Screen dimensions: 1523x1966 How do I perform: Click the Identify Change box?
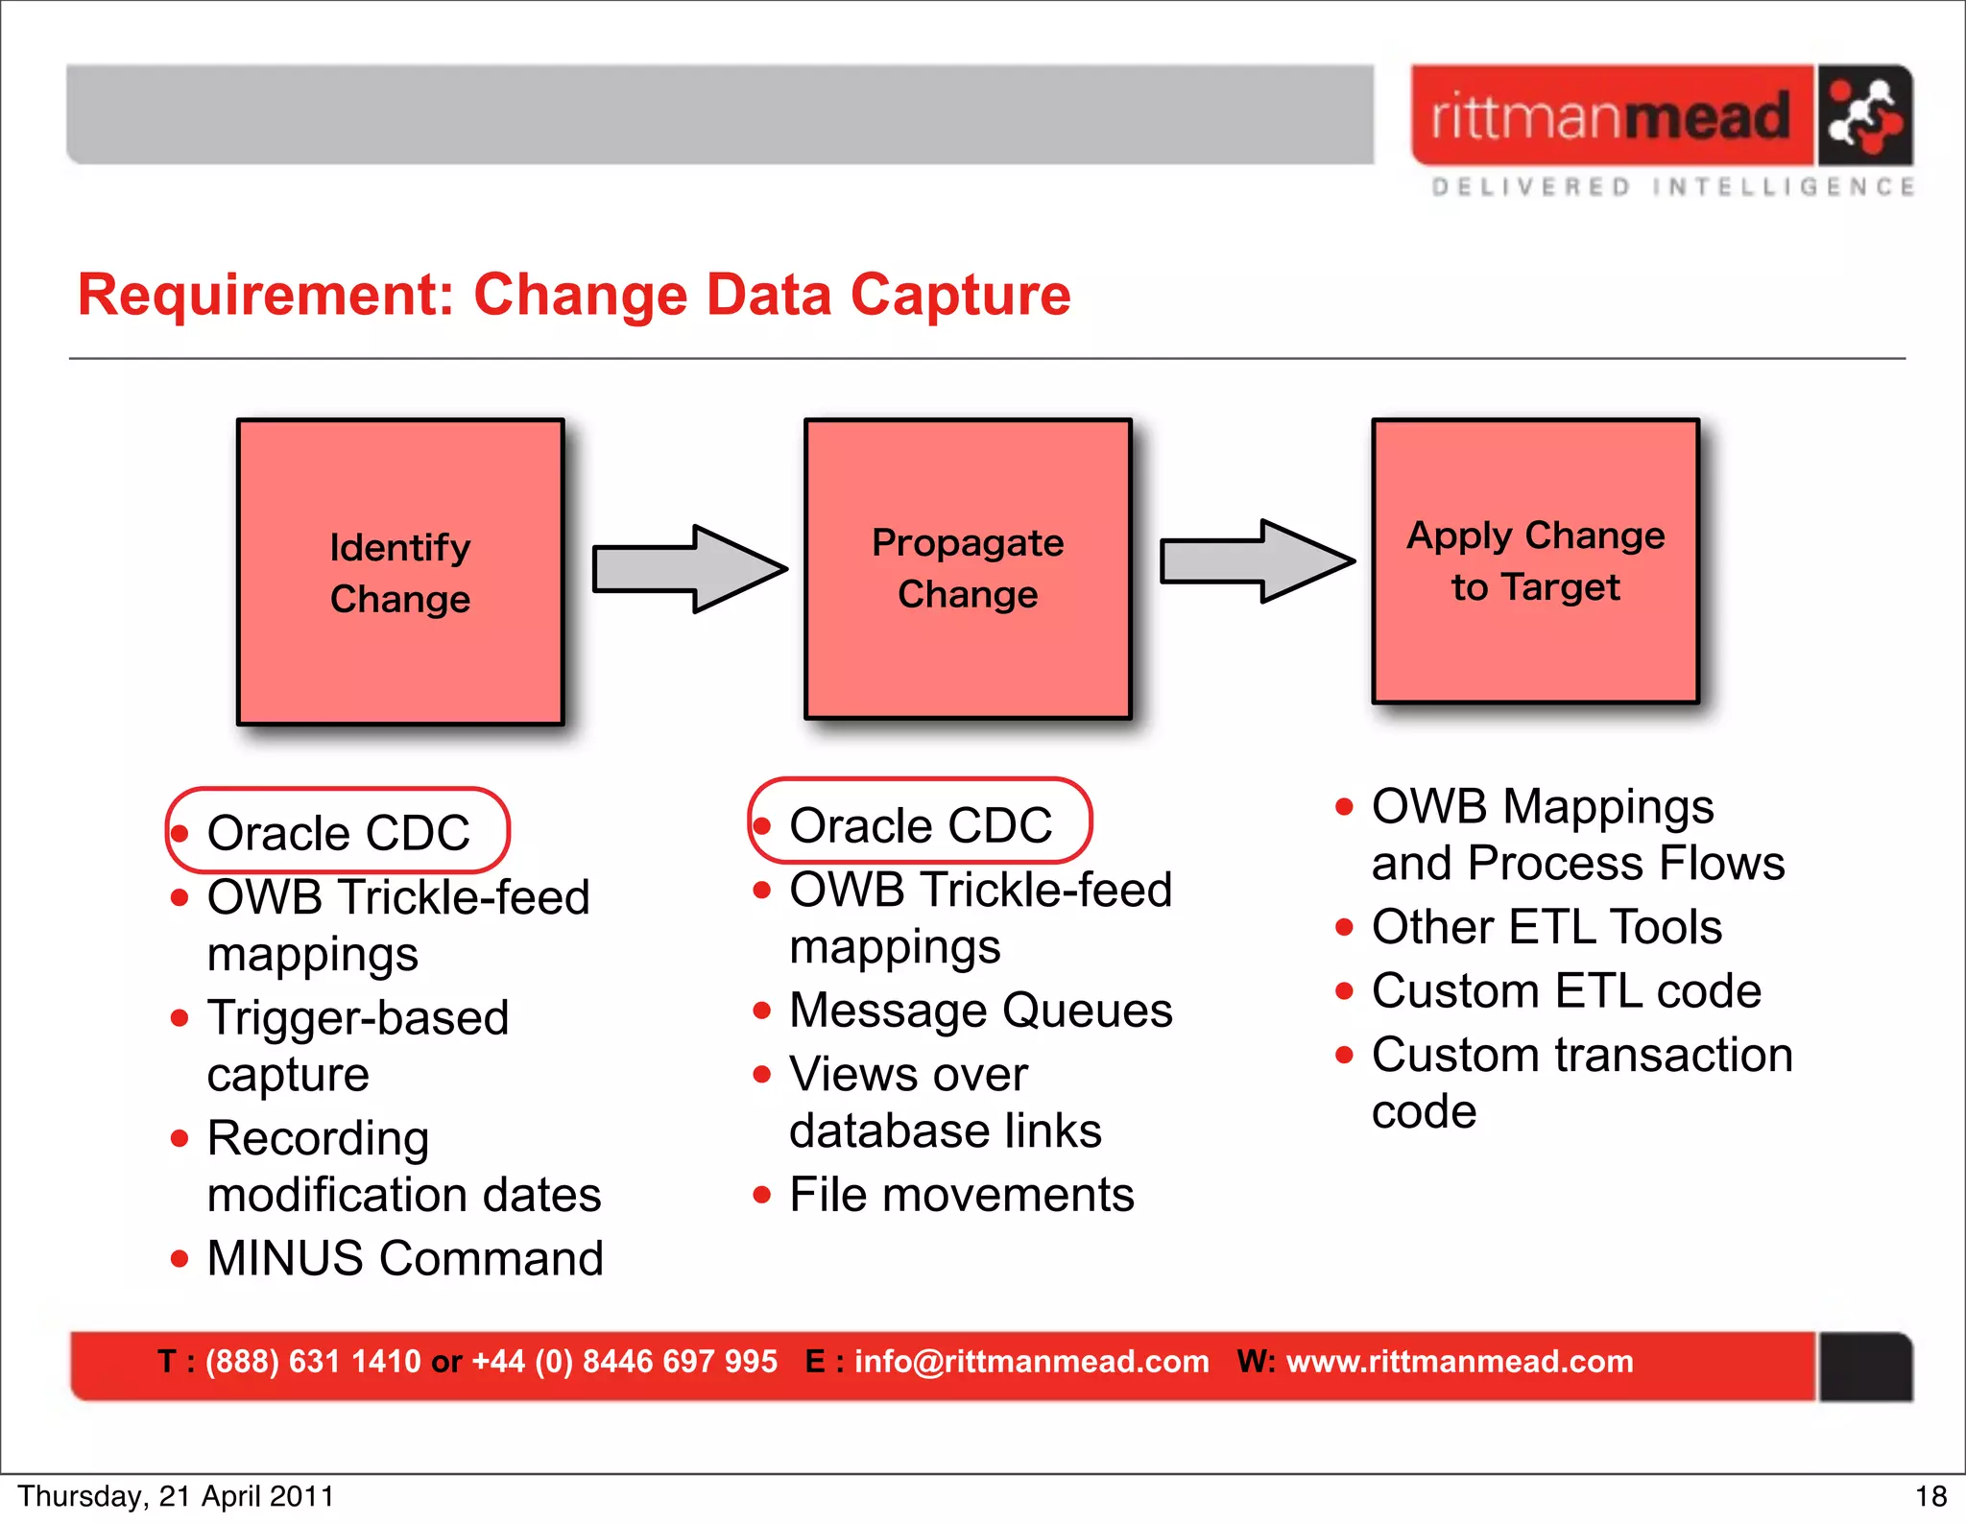click(x=400, y=572)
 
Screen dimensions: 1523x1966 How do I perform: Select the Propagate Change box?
click(x=968, y=569)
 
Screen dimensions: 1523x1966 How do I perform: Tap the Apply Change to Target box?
click(x=1535, y=561)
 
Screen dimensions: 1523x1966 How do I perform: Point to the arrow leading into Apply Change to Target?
click(x=1257, y=561)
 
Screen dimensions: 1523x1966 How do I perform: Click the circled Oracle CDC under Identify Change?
click(x=338, y=831)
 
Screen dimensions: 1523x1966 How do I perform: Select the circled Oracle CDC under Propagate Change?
click(x=920, y=823)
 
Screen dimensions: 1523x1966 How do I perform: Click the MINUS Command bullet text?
click(x=404, y=1258)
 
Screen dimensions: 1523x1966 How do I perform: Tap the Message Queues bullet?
click(x=980, y=1011)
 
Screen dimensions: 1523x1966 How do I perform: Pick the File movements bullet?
click(x=961, y=1195)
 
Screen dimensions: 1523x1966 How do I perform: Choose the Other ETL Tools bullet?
click(x=1546, y=927)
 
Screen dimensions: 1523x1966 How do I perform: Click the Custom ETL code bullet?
click(x=1566, y=990)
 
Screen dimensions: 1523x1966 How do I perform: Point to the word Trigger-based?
click(x=358, y=1018)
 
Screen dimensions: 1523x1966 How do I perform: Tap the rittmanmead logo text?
click(x=1611, y=116)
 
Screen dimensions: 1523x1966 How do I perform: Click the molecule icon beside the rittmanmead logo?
click(x=1863, y=116)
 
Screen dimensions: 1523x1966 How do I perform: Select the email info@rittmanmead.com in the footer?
click(x=1031, y=1362)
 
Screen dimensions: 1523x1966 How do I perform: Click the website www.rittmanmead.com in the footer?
click(x=1459, y=1362)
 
